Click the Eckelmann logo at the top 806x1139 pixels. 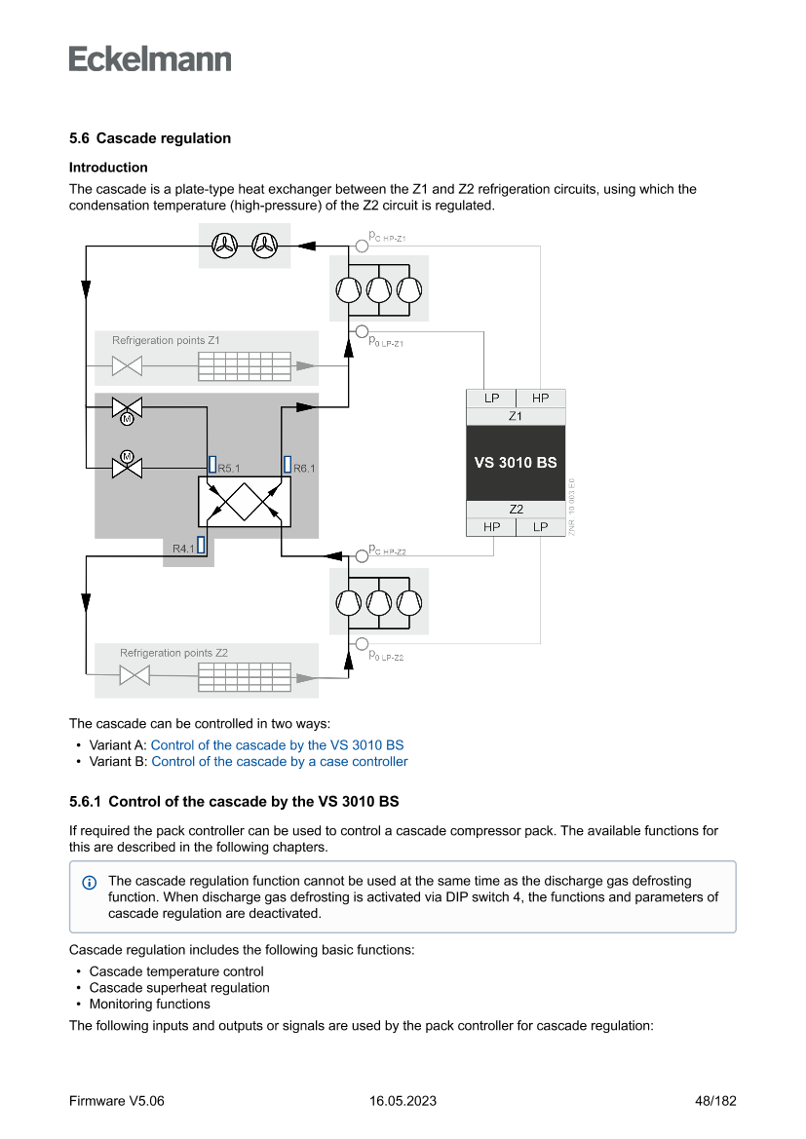(150, 58)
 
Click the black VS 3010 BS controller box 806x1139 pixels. (516, 462)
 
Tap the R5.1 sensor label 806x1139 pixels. (229, 469)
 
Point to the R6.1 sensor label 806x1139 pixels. (304, 469)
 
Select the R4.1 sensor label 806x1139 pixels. (183, 550)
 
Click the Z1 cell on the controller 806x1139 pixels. (516, 416)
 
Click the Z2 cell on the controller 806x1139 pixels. (516, 510)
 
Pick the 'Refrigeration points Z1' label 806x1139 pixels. (166, 341)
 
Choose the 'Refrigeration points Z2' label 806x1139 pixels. (173, 653)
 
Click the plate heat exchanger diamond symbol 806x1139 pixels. (239, 503)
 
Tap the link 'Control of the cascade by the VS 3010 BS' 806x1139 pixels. (277, 745)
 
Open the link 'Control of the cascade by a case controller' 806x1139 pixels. (280, 762)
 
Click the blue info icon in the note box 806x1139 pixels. (90, 883)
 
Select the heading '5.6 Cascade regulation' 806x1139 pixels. (150, 138)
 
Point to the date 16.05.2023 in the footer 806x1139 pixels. (403, 1101)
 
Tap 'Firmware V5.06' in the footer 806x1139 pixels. (117, 1101)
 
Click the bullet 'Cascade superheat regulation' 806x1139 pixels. (179, 988)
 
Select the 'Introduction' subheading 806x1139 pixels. (108, 168)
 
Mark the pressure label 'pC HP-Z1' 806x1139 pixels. (387, 237)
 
